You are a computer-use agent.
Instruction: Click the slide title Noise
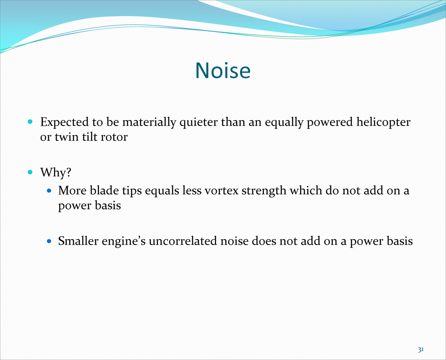pos(223,70)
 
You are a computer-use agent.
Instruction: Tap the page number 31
pos(421,349)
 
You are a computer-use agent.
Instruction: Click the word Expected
pos(65,122)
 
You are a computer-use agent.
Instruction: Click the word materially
pos(149,123)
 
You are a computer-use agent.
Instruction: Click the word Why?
pos(56,172)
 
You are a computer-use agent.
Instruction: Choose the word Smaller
pos(78,241)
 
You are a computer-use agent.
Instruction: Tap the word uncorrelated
pos(183,241)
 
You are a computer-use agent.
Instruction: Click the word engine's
pos(124,242)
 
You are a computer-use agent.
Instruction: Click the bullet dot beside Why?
pos(30,172)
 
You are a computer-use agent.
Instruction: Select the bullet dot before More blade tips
pos(49,191)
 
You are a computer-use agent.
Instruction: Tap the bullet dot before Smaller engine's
pos(49,241)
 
